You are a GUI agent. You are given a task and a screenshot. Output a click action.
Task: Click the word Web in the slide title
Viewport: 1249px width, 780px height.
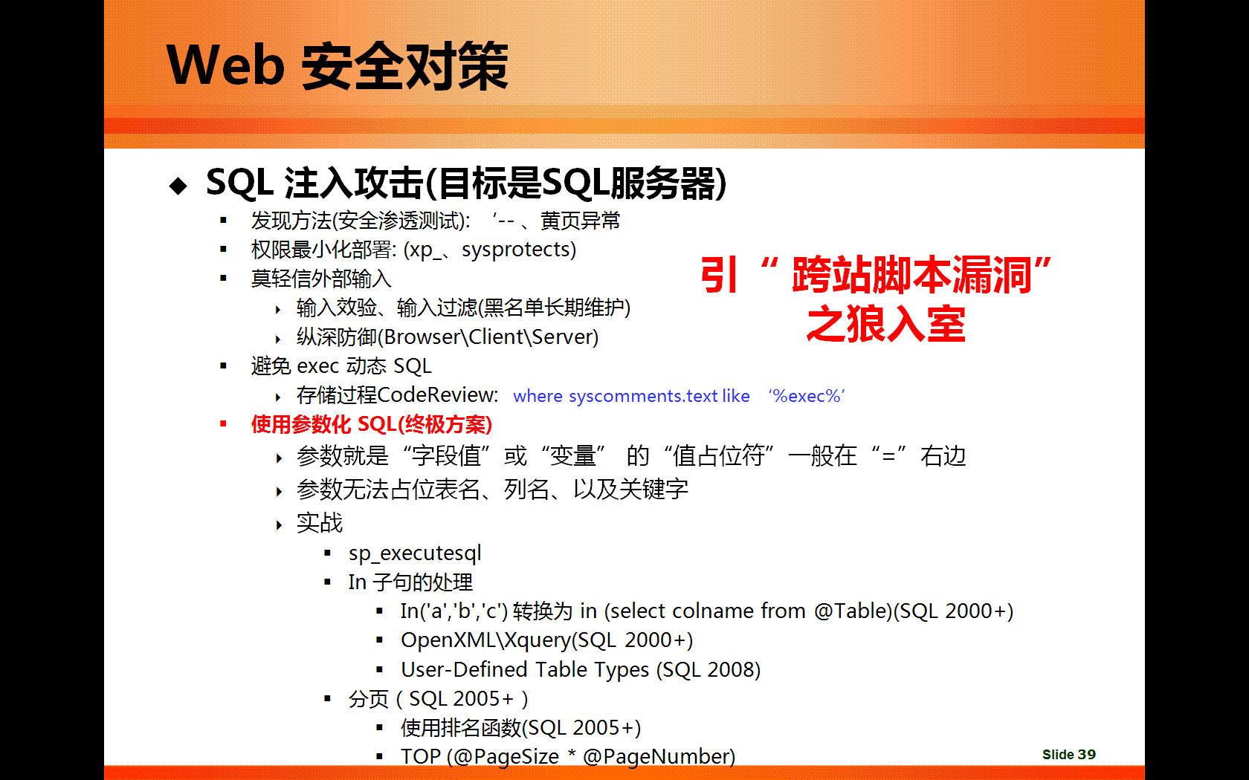[x=226, y=65]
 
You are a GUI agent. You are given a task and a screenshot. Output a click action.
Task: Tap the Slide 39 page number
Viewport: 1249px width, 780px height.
[x=1069, y=755]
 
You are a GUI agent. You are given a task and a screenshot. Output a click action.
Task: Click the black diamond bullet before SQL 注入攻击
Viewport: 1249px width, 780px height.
[x=178, y=186]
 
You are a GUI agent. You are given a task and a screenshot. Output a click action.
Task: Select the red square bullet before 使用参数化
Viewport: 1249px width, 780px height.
[x=223, y=424]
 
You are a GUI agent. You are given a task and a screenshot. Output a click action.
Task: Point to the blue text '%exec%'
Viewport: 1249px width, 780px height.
[x=806, y=395]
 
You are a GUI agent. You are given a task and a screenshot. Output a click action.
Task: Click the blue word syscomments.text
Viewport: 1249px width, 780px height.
[x=643, y=395]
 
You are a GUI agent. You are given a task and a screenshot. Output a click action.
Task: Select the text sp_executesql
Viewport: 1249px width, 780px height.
[x=415, y=553]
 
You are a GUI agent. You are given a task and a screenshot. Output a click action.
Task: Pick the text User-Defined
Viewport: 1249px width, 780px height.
[x=464, y=669]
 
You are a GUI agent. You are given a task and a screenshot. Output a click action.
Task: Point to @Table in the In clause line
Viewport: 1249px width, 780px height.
[x=850, y=611]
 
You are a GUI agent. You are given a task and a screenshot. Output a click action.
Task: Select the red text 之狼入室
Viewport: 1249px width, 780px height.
[x=886, y=324]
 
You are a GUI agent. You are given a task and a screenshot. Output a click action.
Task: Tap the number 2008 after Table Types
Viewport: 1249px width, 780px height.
[x=730, y=670]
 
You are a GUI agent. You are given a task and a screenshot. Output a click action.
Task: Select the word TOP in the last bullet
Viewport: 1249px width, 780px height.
[x=421, y=756]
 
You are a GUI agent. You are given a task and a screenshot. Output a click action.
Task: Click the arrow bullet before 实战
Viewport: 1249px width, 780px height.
[x=279, y=524]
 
